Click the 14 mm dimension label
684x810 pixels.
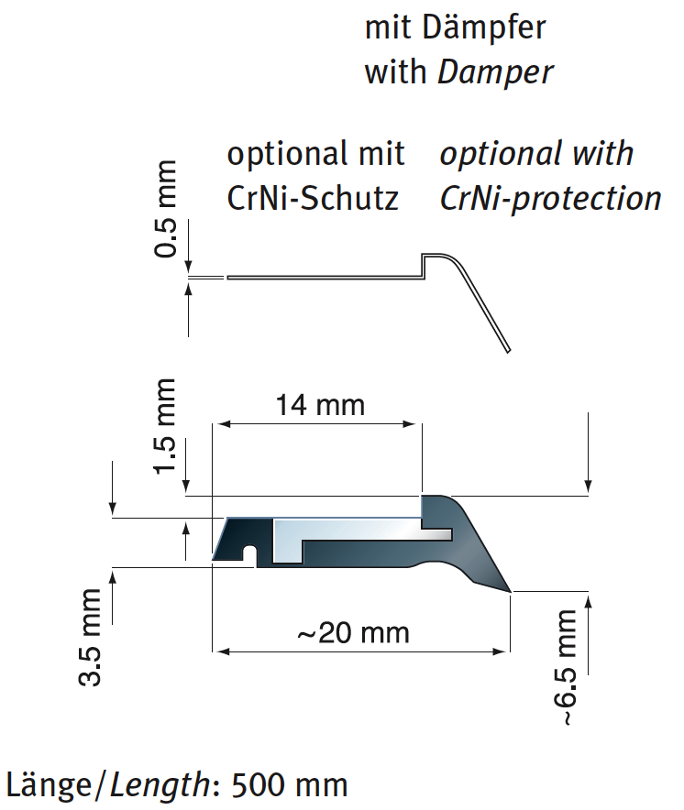(320, 404)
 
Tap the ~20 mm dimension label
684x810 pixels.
(354, 632)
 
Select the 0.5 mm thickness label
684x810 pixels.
(167, 209)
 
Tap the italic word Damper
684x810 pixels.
(496, 72)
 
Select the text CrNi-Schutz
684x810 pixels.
(313, 198)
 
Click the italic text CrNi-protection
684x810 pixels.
(550, 198)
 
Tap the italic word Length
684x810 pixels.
(160, 785)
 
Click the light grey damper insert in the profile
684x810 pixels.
(348, 531)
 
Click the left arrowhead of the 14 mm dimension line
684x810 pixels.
(220, 423)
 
